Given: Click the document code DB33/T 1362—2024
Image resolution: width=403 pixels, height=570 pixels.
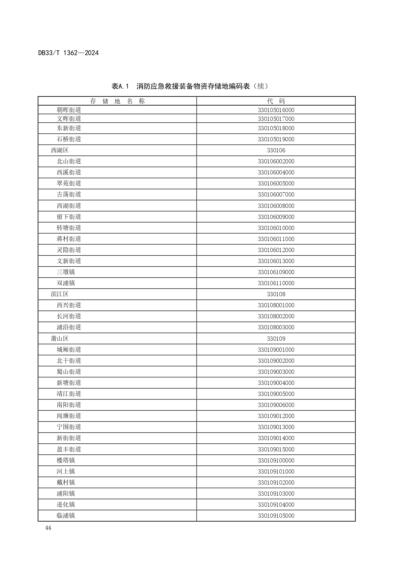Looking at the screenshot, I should (x=68, y=53).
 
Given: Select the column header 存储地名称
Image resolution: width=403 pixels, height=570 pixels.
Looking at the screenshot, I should (x=117, y=101).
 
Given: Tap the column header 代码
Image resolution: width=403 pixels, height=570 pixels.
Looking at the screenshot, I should (x=276, y=101).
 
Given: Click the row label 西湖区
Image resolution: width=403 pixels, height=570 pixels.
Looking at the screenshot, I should (x=60, y=150).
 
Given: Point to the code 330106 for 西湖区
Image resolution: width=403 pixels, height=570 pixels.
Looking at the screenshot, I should (x=276, y=150).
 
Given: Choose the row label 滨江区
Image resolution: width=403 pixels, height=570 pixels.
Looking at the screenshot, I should (x=60, y=294).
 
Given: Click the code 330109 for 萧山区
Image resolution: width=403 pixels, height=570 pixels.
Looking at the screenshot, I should (x=276, y=339).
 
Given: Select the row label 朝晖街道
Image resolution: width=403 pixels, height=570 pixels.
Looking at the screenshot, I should (x=69, y=110).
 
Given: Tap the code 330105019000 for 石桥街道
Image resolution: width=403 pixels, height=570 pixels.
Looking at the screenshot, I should (x=276, y=139).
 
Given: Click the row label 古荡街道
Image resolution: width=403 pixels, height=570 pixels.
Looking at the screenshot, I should (x=69, y=195).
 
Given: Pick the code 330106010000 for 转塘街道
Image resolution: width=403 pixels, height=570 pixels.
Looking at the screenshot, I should (x=276, y=228).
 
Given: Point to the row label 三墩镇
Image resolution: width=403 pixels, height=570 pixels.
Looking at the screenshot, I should (x=66, y=272).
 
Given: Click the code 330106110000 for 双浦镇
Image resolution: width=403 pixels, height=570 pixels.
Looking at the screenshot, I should (x=276, y=283).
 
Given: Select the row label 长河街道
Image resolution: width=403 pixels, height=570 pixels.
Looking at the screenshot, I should (x=69, y=316).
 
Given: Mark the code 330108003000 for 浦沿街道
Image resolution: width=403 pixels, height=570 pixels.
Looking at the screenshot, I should (x=276, y=327).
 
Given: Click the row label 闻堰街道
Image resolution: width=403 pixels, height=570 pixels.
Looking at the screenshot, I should (x=69, y=416).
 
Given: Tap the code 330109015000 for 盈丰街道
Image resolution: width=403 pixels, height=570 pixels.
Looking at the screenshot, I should (x=276, y=450).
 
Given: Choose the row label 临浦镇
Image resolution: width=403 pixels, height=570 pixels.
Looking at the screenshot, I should (x=66, y=516).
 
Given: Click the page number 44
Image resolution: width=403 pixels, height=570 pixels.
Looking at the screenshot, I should (x=48, y=528).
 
